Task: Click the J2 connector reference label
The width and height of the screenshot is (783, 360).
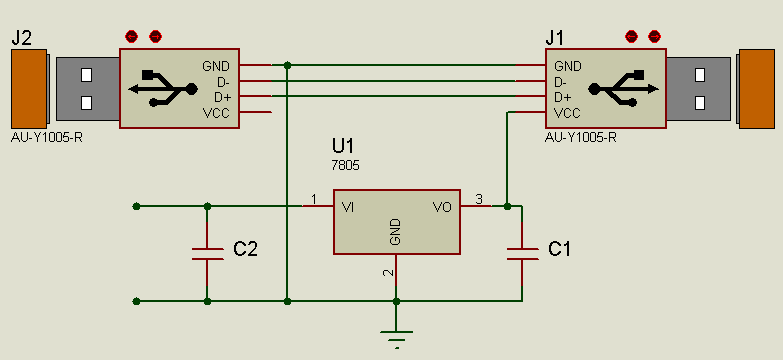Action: click(22, 38)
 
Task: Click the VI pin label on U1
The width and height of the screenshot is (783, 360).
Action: click(348, 207)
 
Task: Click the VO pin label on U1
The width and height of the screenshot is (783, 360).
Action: click(442, 207)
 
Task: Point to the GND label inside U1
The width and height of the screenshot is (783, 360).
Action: click(395, 233)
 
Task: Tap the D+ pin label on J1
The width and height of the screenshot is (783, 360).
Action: click(562, 97)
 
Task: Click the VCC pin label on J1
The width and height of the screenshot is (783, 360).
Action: click(567, 114)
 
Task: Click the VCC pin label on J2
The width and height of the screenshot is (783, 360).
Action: click(216, 114)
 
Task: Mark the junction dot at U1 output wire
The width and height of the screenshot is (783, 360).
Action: click(507, 207)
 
